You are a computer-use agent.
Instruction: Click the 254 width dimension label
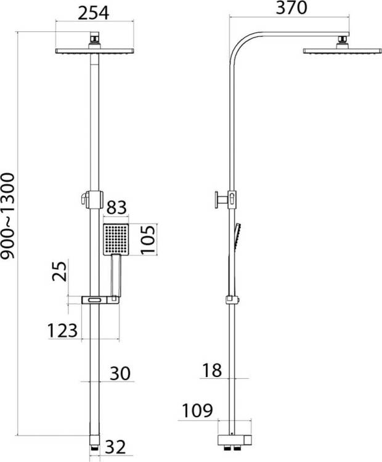pyautogui.click(x=93, y=13)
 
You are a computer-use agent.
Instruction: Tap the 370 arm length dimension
pyautogui.click(x=291, y=8)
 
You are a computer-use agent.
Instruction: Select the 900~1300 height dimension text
pyautogui.click(x=7, y=216)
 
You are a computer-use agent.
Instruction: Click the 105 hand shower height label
pyautogui.click(x=148, y=240)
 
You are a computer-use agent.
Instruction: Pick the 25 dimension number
pyautogui.click(x=60, y=272)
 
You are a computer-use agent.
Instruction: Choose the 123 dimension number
pyautogui.click(x=62, y=331)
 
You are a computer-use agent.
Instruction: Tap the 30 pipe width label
pyautogui.click(x=120, y=374)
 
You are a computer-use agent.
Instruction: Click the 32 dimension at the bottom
pyautogui.click(x=115, y=447)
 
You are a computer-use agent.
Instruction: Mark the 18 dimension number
pyautogui.click(x=211, y=370)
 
